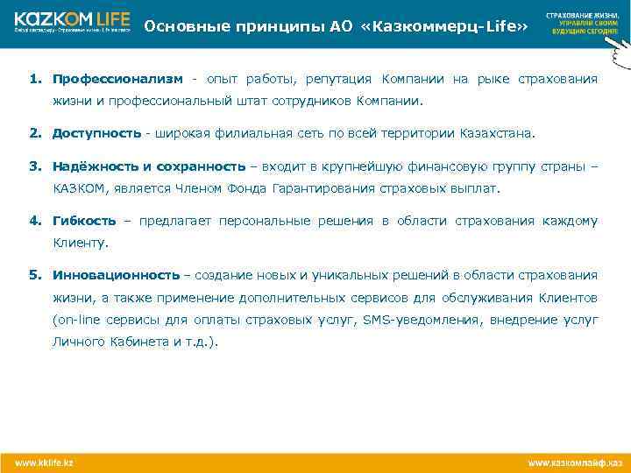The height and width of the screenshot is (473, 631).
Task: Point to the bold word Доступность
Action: [96, 133]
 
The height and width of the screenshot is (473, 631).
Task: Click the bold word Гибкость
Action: [84, 220]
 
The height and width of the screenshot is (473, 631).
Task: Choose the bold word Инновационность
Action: [116, 274]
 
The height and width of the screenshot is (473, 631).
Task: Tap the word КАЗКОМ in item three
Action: [78, 187]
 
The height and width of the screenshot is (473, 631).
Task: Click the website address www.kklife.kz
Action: [44, 461]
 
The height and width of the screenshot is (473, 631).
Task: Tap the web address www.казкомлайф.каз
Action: [574, 461]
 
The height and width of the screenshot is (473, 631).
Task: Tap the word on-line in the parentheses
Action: [76, 320]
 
